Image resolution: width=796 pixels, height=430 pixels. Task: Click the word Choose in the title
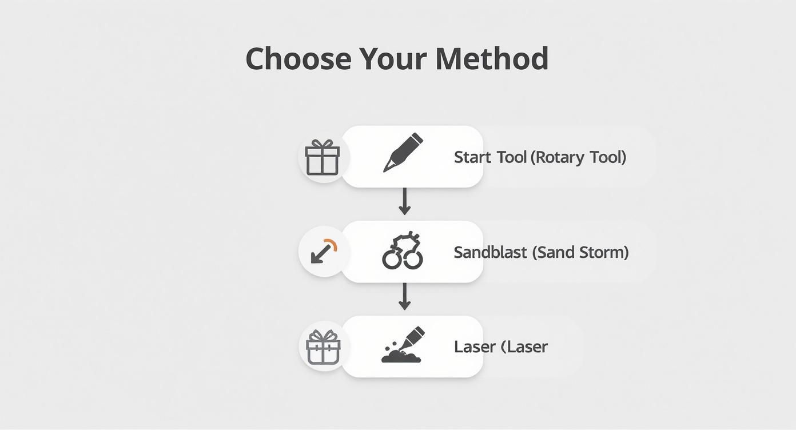[x=298, y=58]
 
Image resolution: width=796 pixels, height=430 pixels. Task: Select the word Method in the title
[x=492, y=58]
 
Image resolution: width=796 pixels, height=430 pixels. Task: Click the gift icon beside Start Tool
[x=323, y=158]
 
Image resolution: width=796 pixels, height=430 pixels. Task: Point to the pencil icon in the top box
[x=403, y=152]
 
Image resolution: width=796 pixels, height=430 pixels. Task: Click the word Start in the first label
[x=471, y=157]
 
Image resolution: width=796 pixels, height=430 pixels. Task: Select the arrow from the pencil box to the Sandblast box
[x=405, y=201]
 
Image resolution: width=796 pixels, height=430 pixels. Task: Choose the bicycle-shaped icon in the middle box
[x=403, y=252]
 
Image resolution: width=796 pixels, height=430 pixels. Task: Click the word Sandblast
[x=490, y=252]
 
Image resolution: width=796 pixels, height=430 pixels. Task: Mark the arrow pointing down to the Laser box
[x=405, y=296]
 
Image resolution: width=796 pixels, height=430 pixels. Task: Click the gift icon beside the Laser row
[x=324, y=347]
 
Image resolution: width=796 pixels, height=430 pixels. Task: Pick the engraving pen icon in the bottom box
[x=403, y=345]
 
